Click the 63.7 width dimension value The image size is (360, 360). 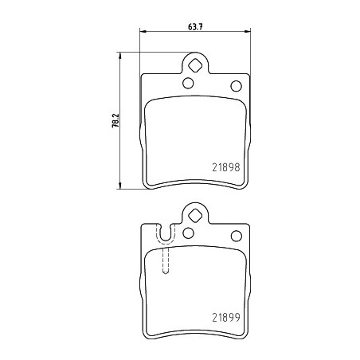pos(195,27)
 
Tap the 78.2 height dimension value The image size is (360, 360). pos(115,121)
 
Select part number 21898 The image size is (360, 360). pos(226,167)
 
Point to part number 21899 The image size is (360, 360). pos(226,317)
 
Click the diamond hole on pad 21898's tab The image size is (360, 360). pos(195,65)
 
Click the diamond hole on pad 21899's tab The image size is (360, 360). pos(195,215)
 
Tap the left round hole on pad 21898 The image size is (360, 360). pos(188,83)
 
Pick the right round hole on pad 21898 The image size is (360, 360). pos(237,86)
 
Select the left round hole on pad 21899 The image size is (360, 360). pos(188,233)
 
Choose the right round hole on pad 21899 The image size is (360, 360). pos(237,236)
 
